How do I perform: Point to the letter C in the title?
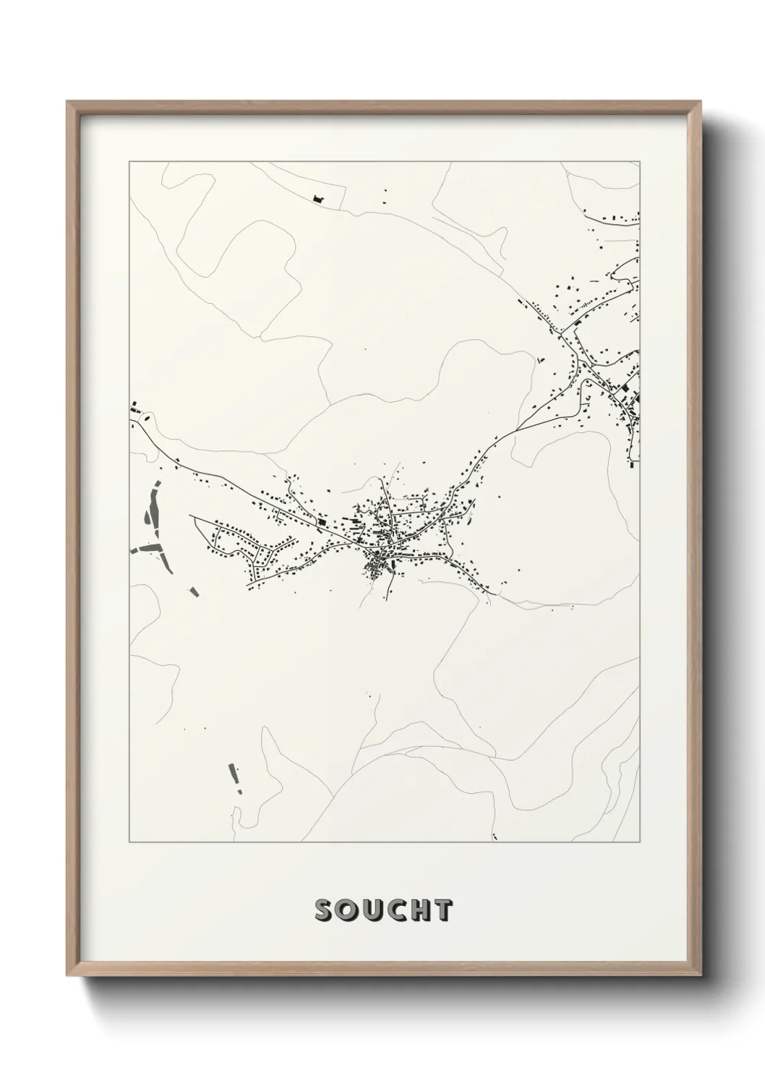pyautogui.click(x=393, y=911)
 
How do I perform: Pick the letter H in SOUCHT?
pyautogui.click(x=418, y=911)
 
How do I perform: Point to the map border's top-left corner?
pyautogui.click(x=129, y=162)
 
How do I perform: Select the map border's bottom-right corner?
pyautogui.click(x=639, y=842)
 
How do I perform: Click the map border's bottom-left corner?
pyautogui.click(x=129, y=842)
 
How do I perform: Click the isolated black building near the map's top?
pyautogui.click(x=317, y=197)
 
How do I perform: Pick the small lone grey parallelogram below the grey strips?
pyautogui.click(x=192, y=592)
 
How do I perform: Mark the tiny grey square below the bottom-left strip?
pyautogui.click(x=239, y=792)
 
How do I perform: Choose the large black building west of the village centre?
pyautogui.click(x=322, y=521)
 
